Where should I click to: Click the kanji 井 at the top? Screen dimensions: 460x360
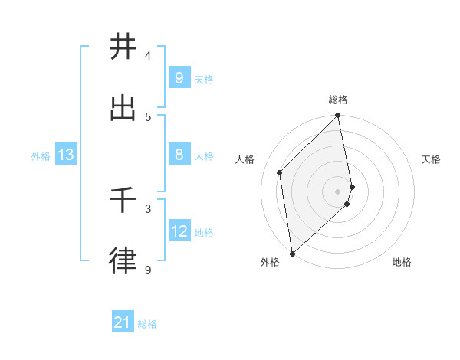[123, 47]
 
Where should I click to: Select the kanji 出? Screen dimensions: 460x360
[123, 108]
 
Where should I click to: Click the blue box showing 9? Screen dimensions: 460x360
[179, 78]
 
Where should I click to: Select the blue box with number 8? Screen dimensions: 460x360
[179, 155]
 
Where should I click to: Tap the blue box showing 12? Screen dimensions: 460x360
[179, 231]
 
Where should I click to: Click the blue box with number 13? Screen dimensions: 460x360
[66, 155]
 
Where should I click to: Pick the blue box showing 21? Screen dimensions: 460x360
[123, 323]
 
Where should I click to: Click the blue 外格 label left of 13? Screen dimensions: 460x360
[41, 156]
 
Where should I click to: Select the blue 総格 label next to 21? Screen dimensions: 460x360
[147, 325]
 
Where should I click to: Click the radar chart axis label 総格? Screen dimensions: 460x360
[338, 100]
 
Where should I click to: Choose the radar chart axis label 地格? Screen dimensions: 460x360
[402, 262]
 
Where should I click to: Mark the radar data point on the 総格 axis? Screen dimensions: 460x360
[338, 116]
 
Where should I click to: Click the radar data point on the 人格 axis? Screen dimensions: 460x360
[280, 172]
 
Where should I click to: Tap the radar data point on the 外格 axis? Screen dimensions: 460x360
[292, 253]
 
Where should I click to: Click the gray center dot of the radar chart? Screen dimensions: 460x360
[338, 191]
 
